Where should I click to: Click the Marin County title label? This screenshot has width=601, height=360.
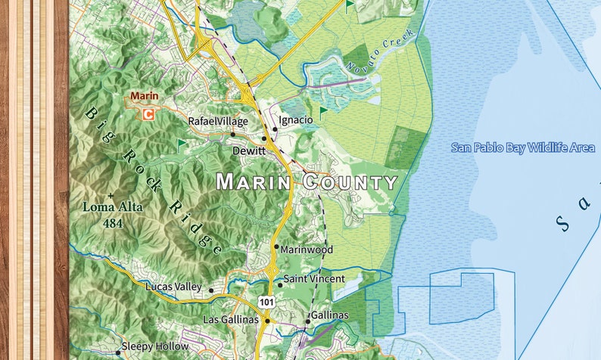click(x=307, y=182)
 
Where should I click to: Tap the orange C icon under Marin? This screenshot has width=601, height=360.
click(x=148, y=114)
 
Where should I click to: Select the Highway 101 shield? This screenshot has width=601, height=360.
click(x=266, y=302)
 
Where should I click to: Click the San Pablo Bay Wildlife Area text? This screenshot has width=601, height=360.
click(x=522, y=147)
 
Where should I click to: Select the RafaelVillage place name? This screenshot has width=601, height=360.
click(x=218, y=121)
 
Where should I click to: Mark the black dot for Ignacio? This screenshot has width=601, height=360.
click(x=274, y=130)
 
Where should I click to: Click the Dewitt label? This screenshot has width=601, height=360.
click(x=249, y=151)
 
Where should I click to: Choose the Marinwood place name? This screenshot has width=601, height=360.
click(x=307, y=249)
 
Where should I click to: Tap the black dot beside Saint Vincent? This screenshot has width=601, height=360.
click(x=279, y=285)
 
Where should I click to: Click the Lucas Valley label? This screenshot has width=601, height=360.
click(x=174, y=287)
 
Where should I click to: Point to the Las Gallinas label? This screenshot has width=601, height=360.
click(x=231, y=320)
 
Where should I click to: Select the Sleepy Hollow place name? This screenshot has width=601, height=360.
click(x=155, y=346)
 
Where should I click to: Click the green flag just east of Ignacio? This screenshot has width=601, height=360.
click(x=323, y=113)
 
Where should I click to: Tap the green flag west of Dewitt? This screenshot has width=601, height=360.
click(x=181, y=143)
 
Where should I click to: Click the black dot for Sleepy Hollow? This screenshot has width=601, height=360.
click(x=117, y=352)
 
